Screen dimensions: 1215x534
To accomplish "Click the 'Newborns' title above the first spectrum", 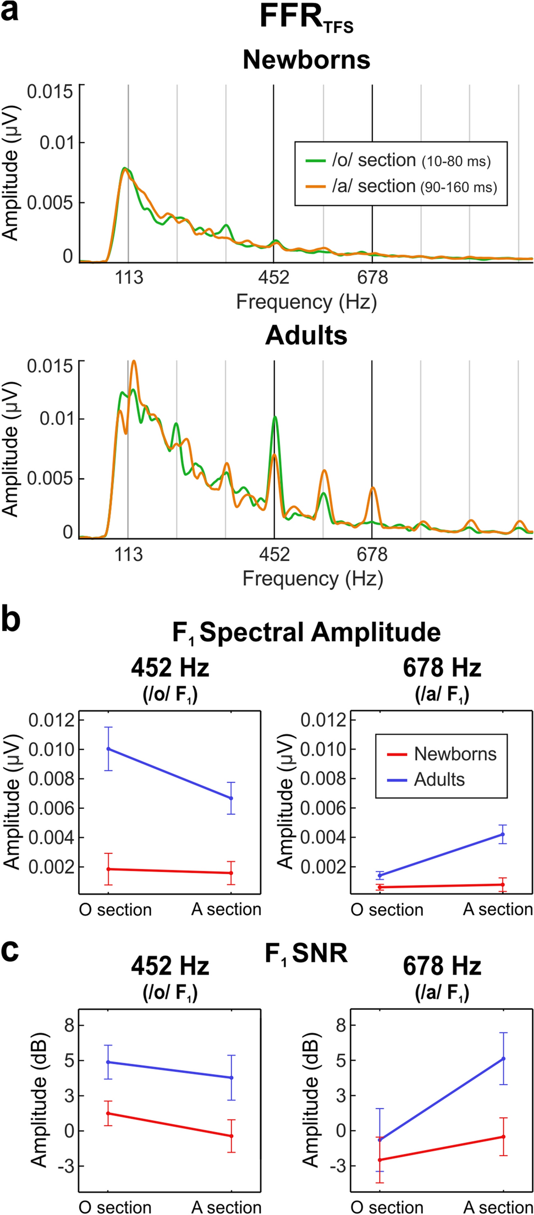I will coord(306,59).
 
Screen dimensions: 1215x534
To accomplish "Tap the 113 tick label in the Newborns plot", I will coord(129,277).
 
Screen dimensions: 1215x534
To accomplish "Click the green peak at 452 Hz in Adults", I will coord(274,417).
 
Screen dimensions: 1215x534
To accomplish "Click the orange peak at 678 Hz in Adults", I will coord(373,488).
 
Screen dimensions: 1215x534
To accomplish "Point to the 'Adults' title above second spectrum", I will coord(306,335).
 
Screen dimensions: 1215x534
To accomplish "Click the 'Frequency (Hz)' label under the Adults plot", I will coord(312,578).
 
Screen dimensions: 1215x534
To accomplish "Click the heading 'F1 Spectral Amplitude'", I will coord(306,632).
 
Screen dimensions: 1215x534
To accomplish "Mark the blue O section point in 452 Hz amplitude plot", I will coord(109,749).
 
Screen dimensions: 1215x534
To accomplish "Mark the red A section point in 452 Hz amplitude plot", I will coord(230,873).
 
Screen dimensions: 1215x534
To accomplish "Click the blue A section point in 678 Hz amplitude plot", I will coord(502,834).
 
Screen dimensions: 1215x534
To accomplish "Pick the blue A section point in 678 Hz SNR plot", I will coord(503,1058).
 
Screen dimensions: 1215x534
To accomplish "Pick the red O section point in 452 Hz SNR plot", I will coord(109,1113).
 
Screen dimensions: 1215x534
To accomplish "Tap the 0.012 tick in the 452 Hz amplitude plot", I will coord(51,720).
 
